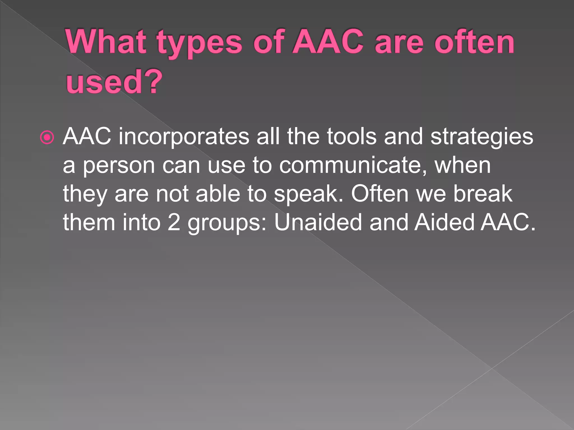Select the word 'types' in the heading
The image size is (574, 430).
click(x=199, y=43)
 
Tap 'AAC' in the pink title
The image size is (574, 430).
click(x=328, y=42)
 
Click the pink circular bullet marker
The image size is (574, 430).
click(x=47, y=137)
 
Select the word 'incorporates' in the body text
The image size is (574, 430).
click(x=184, y=137)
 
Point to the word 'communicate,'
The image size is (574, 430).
click(x=353, y=165)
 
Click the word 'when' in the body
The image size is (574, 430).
click(x=462, y=165)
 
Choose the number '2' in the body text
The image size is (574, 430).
click(x=174, y=223)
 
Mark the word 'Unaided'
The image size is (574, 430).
click(x=318, y=222)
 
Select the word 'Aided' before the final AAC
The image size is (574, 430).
click(x=444, y=222)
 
